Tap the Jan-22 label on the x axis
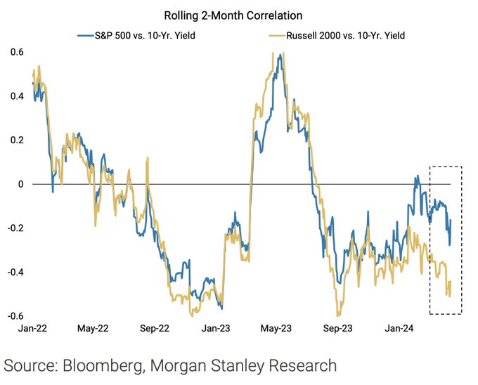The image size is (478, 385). coord(32,328)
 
